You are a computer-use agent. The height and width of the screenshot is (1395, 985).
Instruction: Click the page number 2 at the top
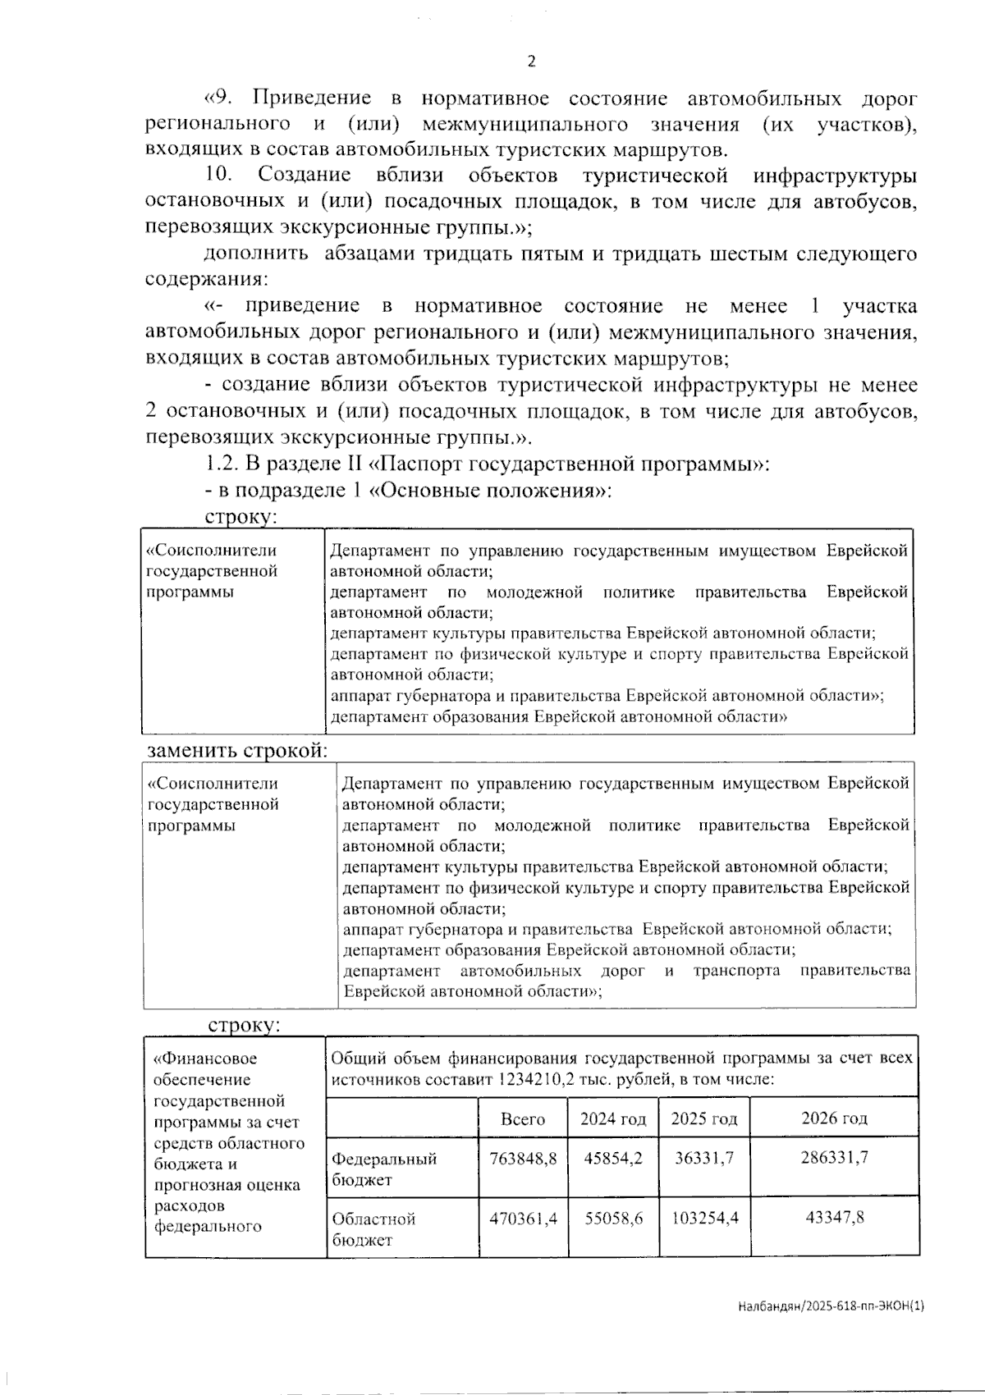pos(531,62)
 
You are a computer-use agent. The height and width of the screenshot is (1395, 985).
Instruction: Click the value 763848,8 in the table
pos(523,1158)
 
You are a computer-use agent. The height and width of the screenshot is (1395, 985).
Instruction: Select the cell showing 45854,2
pos(613,1158)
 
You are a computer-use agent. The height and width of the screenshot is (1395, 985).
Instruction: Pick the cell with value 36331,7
pos(704,1158)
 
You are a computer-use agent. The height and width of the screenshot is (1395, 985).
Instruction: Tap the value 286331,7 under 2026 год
pos(834,1158)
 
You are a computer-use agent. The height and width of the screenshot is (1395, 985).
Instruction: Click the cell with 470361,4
pos(523,1219)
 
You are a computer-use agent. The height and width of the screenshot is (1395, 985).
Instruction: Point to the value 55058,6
pos(613,1219)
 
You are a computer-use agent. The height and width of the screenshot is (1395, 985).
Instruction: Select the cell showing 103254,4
pos(704,1219)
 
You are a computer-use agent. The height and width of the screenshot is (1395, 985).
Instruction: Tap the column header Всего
pos(523,1119)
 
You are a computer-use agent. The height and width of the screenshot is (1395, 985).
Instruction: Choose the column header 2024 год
pos(613,1119)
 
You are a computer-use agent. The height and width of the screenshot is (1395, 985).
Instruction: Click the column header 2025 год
pos(704,1119)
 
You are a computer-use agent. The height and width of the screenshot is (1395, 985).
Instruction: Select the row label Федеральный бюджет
pos(384,1169)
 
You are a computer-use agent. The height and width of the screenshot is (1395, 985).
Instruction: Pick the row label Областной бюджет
pos(373,1229)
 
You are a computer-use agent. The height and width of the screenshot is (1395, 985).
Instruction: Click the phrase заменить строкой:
pos(237,751)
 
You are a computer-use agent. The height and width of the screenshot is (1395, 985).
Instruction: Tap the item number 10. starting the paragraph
pos(219,175)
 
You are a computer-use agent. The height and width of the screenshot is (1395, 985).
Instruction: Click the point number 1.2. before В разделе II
pos(222,464)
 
